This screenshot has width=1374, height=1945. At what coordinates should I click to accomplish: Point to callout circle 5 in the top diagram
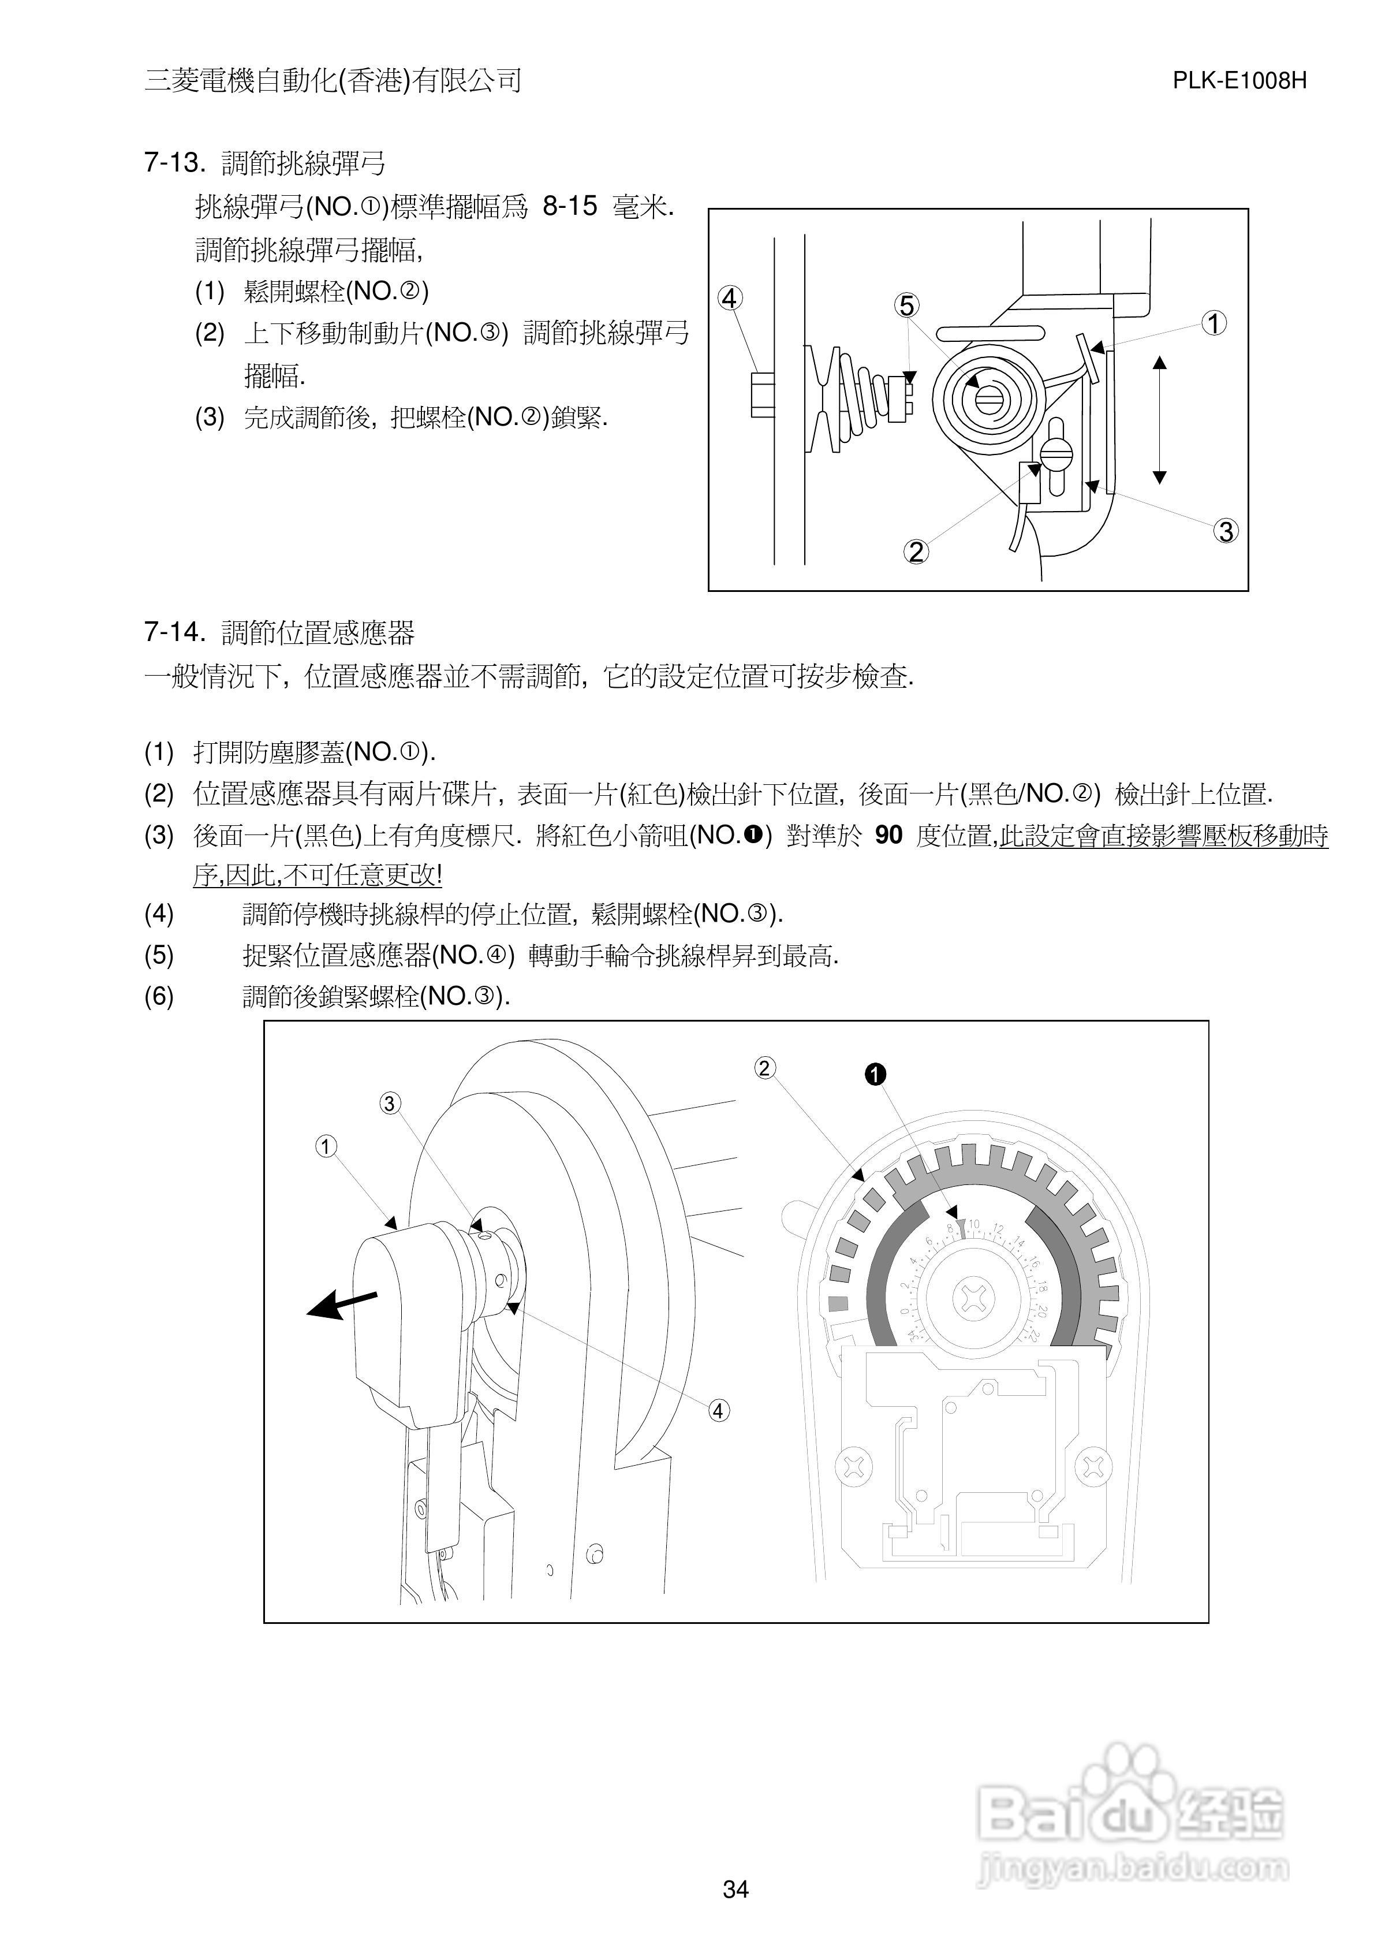pos(906,306)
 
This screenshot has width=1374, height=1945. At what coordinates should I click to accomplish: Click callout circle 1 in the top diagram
pos(1214,323)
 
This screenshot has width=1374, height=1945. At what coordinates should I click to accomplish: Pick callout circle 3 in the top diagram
pos(1226,532)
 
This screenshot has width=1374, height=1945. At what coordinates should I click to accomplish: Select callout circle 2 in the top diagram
pos(916,552)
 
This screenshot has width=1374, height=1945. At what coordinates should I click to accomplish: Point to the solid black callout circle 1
pos(874,1075)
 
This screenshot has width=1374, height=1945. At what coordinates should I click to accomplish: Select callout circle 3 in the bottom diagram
pos(389,1104)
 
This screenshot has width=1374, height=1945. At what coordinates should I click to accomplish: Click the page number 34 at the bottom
pos(735,1888)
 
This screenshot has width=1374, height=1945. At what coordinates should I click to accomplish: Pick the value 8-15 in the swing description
pos(569,206)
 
